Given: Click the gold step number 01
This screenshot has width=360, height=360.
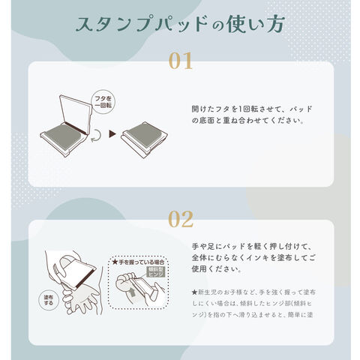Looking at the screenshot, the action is tap(181, 61).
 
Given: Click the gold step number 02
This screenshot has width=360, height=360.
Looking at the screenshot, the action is tap(181, 219).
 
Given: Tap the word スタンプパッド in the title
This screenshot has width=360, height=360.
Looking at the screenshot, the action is tap(142, 24).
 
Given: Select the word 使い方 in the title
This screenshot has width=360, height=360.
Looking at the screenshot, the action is tap(256, 24).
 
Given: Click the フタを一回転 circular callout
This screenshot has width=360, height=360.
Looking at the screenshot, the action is tap(103, 102).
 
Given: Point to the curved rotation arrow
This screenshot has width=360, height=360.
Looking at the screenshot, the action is tap(96, 136).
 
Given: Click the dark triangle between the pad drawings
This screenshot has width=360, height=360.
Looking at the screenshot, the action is tap(112, 134).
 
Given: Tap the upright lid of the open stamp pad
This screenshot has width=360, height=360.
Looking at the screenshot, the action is tap(76, 112).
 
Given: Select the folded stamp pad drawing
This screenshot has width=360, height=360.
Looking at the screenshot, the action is tap(145, 139).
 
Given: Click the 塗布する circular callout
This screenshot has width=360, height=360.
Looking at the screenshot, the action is tap(49, 300).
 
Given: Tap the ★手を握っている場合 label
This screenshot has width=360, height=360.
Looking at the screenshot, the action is tap(138, 262).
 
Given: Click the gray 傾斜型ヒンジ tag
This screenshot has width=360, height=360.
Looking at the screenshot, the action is tap(156, 271).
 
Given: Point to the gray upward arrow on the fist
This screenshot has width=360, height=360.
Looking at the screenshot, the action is tap(133, 292).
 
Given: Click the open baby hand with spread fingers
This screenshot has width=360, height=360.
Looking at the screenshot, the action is tap(79, 300).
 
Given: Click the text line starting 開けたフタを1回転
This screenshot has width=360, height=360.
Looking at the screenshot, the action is tap(252, 109).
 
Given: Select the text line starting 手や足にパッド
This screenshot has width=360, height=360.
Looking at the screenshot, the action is tap(252, 246).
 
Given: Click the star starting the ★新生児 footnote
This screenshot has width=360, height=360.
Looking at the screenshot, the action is tap(195, 292).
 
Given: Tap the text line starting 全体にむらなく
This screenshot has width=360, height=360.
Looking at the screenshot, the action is tap(253, 257).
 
